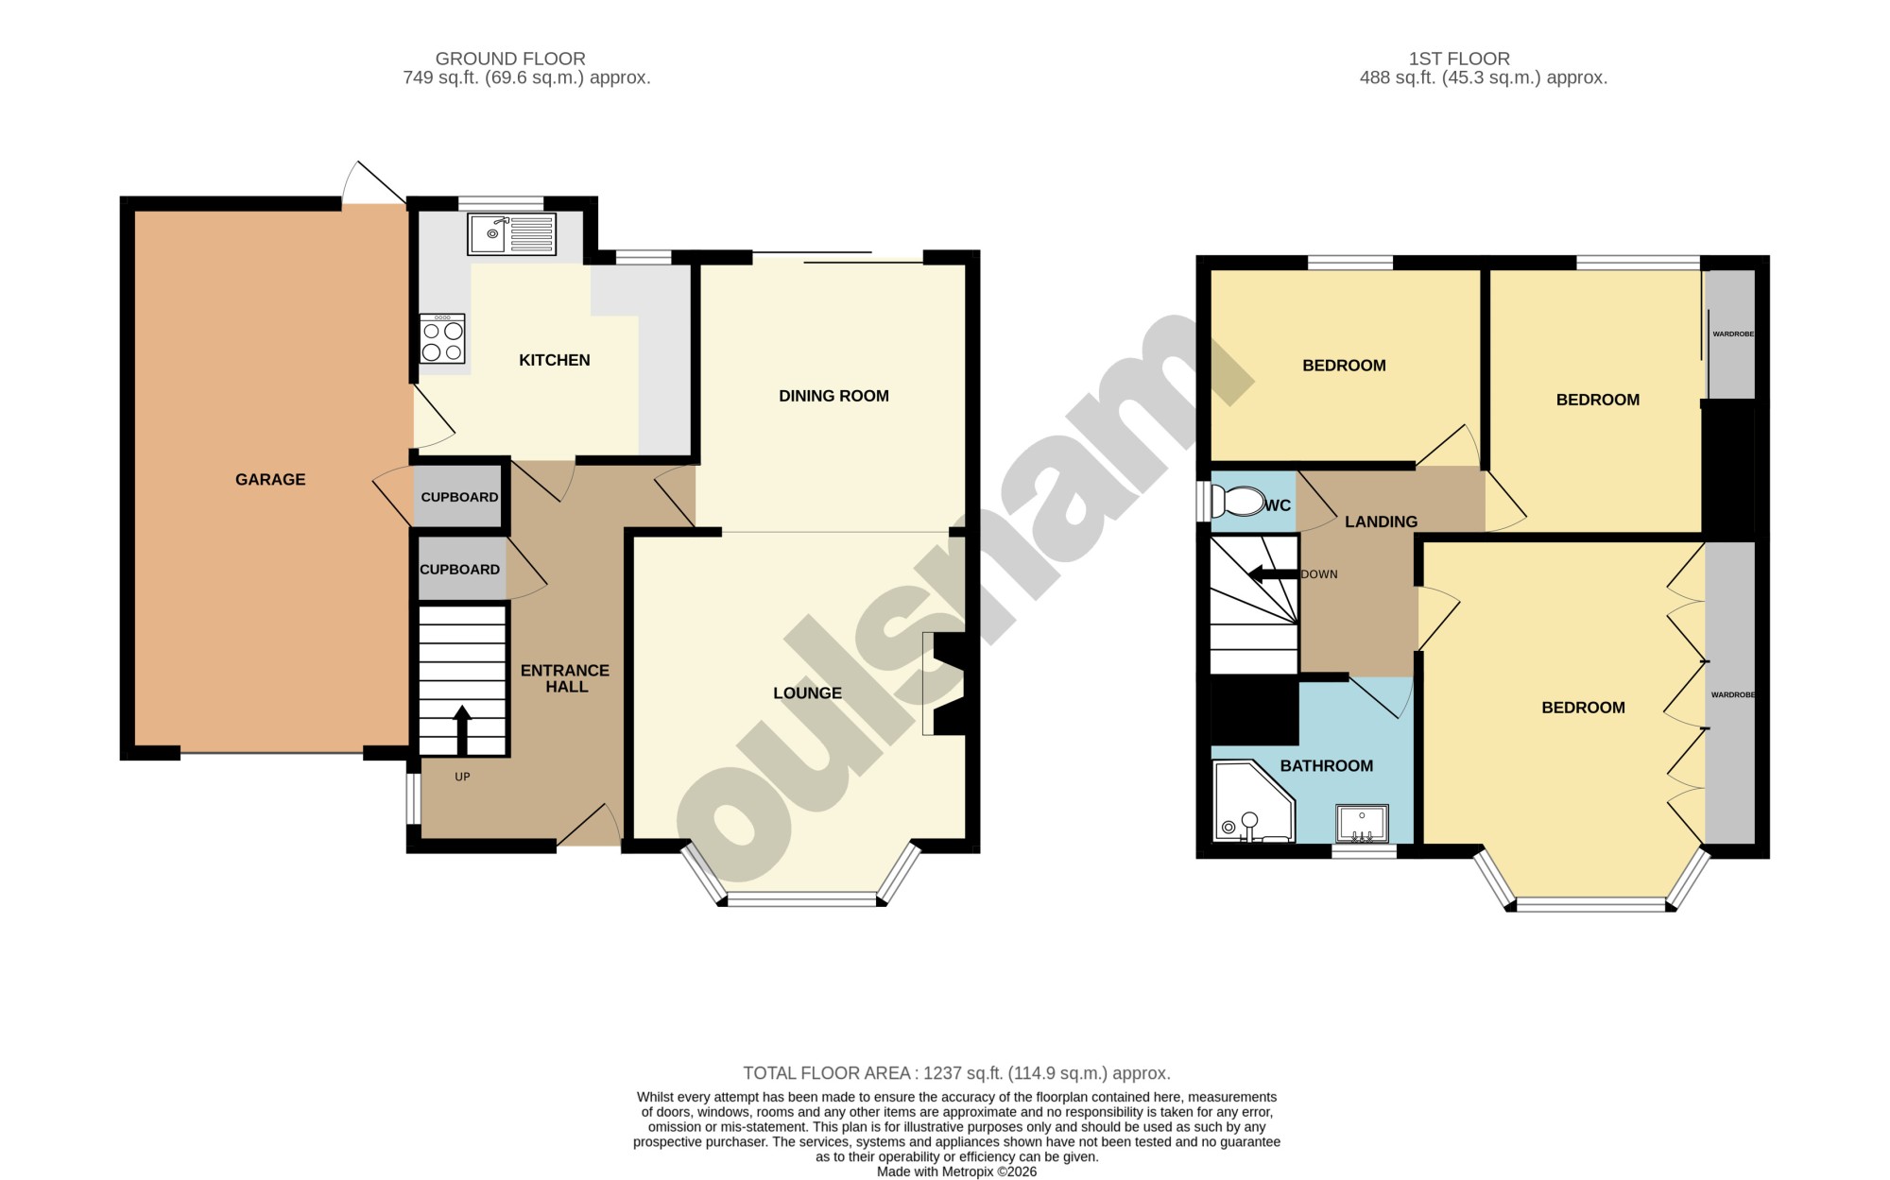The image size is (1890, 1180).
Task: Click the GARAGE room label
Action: [x=270, y=479]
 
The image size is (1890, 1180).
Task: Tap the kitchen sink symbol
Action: [x=511, y=234]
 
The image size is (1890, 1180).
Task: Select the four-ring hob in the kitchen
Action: [x=442, y=339]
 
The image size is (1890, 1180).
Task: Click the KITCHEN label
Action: [x=555, y=360]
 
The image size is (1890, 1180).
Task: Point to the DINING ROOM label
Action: [x=833, y=396]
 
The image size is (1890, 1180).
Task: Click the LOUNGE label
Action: [x=807, y=693]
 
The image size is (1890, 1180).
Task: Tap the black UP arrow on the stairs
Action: [x=462, y=729]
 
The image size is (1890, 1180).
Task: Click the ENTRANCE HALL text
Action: [x=565, y=678]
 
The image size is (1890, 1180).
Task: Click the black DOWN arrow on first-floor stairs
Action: [x=1273, y=574]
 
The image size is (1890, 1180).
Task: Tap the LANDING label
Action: [x=1381, y=522]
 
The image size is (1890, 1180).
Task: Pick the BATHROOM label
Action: [x=1327, y=765]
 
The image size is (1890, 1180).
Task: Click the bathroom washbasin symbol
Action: [x=1362, y=823]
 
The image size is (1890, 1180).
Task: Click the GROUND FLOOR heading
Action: [x=510, y=59]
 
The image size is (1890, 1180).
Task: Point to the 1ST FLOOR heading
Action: [x=1459, y=59]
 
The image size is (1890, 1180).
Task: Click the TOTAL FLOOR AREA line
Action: [x=956, y=1073]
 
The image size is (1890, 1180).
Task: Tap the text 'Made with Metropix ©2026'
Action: [x=956, y=1171]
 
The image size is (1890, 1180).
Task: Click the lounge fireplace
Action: [x=945, y=683]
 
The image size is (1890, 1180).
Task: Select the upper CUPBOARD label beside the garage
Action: [x=459, y=497]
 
